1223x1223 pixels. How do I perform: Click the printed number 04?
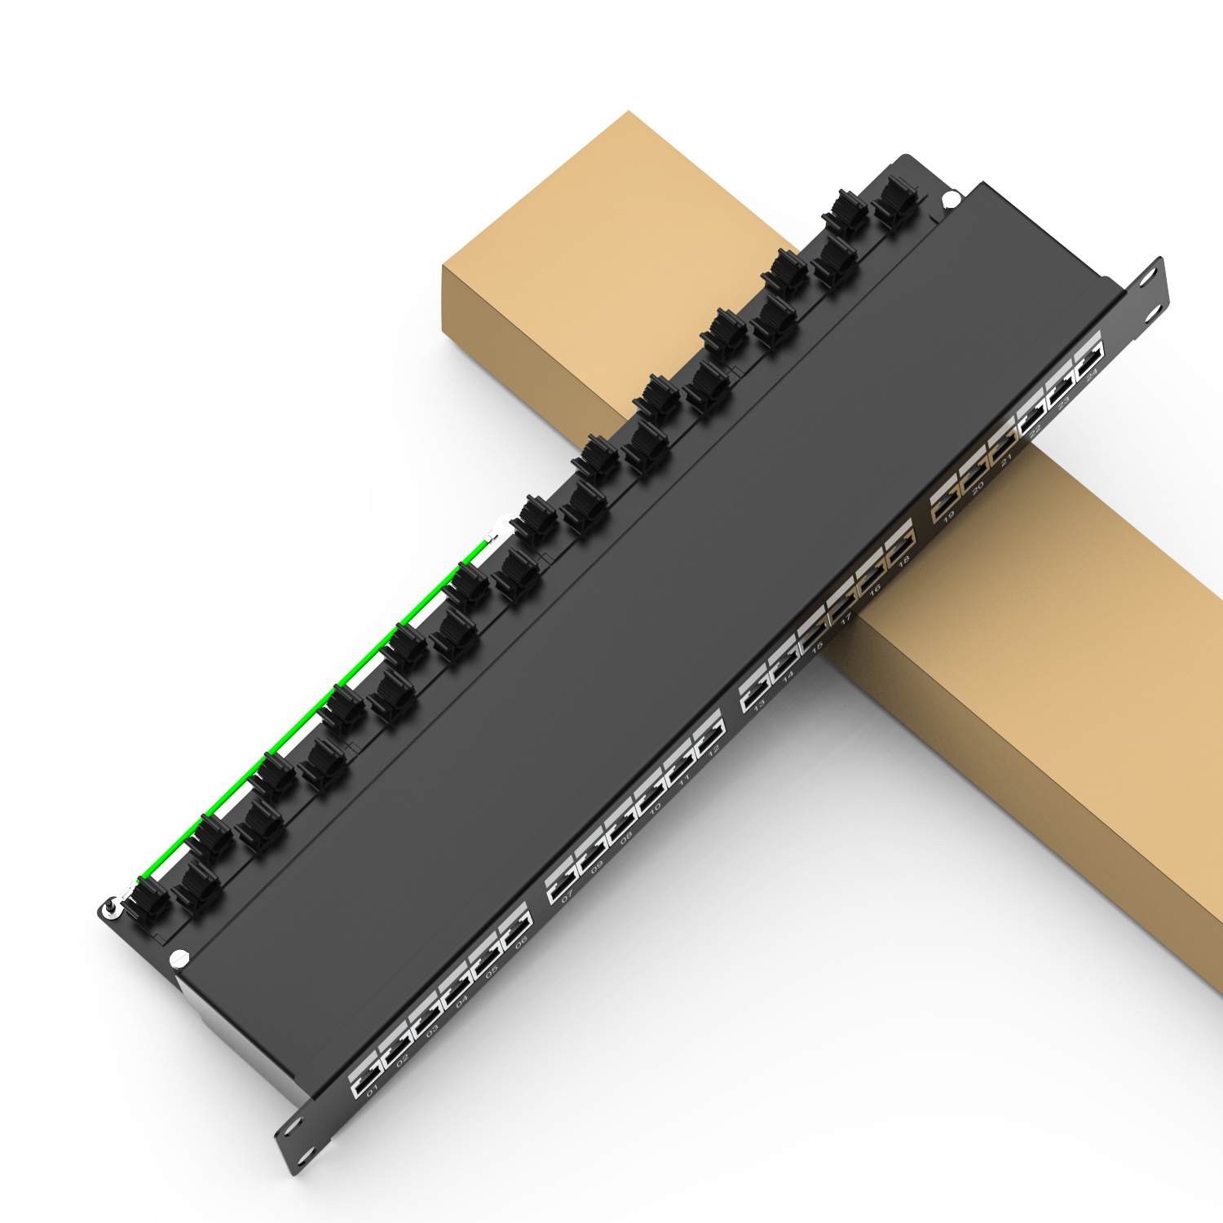[462, 1000]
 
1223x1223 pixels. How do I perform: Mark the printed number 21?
[1007, 458]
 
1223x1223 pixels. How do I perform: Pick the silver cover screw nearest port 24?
[950, 198]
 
